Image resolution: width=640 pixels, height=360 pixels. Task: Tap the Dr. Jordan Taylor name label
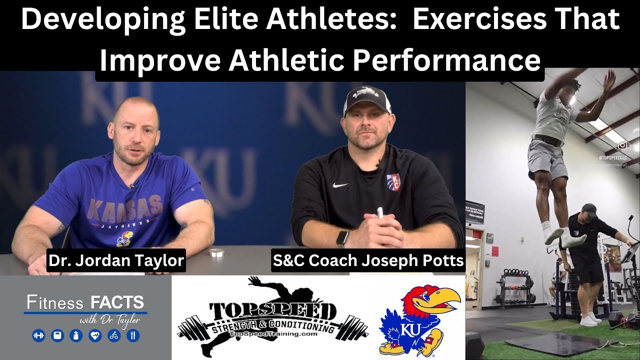[x=116, y=261]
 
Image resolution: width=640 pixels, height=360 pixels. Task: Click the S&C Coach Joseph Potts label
[x=368, y=260]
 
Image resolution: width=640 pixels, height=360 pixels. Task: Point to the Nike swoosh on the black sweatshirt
[x=340, y=185]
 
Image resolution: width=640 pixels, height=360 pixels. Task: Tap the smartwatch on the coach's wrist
[x=342, y=238]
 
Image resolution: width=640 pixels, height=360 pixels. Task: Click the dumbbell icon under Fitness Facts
[x=38, y=335]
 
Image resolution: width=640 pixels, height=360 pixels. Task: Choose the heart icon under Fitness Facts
[x=94, y=335]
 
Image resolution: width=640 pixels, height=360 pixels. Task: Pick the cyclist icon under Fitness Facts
[x=113, y=335]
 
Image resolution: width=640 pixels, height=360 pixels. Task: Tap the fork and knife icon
[x=132, y=335]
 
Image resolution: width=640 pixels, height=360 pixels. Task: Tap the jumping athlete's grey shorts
[x=547, y=157]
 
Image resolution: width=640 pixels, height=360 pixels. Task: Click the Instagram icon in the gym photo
[x=622, y=145]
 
